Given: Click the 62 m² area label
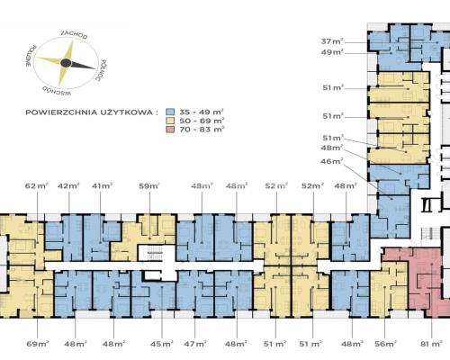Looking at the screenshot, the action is [x=37, y=186].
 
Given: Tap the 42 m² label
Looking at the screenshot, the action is [x=68, y=186].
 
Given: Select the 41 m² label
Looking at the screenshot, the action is [x=103, y=186].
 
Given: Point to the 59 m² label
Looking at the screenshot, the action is [x=149, y=186].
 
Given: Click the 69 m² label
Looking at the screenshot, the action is [x=38, y=344].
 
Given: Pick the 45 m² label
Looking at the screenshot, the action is [x=162, y=344].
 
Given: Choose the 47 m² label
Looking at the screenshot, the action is [x=195, y=344].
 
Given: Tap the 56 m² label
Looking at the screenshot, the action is [x=386, y=344].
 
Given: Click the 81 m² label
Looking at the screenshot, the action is [x=431, y=344].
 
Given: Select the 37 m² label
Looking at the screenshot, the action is [x=332, y=41].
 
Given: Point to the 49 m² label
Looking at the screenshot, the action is [x=332, y=52].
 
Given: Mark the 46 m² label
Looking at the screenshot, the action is [x=332, y=161].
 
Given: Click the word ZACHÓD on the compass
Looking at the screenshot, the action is [x=74, y=35].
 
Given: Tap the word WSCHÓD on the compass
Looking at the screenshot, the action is [x=57, y=91].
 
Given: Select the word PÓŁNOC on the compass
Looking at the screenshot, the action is [x=101, y=70].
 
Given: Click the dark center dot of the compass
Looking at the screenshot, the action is [x=66, y=63].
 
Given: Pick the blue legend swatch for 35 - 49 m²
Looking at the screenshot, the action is [x=170, y=112].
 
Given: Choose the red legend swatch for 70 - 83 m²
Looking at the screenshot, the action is [x=170, y=130].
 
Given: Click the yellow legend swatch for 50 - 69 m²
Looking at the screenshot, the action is [x=170, y=121].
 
